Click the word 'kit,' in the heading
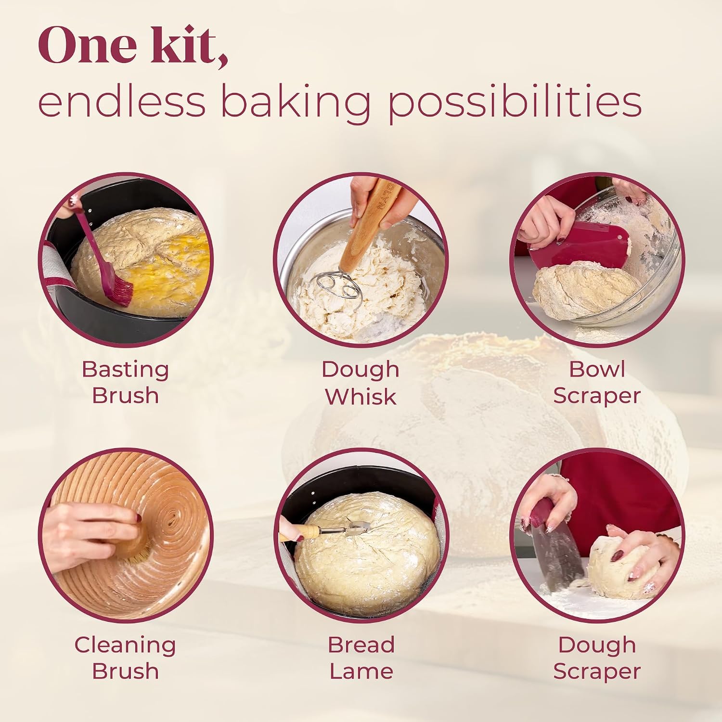point(189,45)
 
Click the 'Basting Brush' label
point(125,382)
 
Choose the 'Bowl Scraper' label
point(597,382)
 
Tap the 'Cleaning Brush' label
point(125,658)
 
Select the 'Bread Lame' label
point(361,658)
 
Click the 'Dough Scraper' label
point(597,658)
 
